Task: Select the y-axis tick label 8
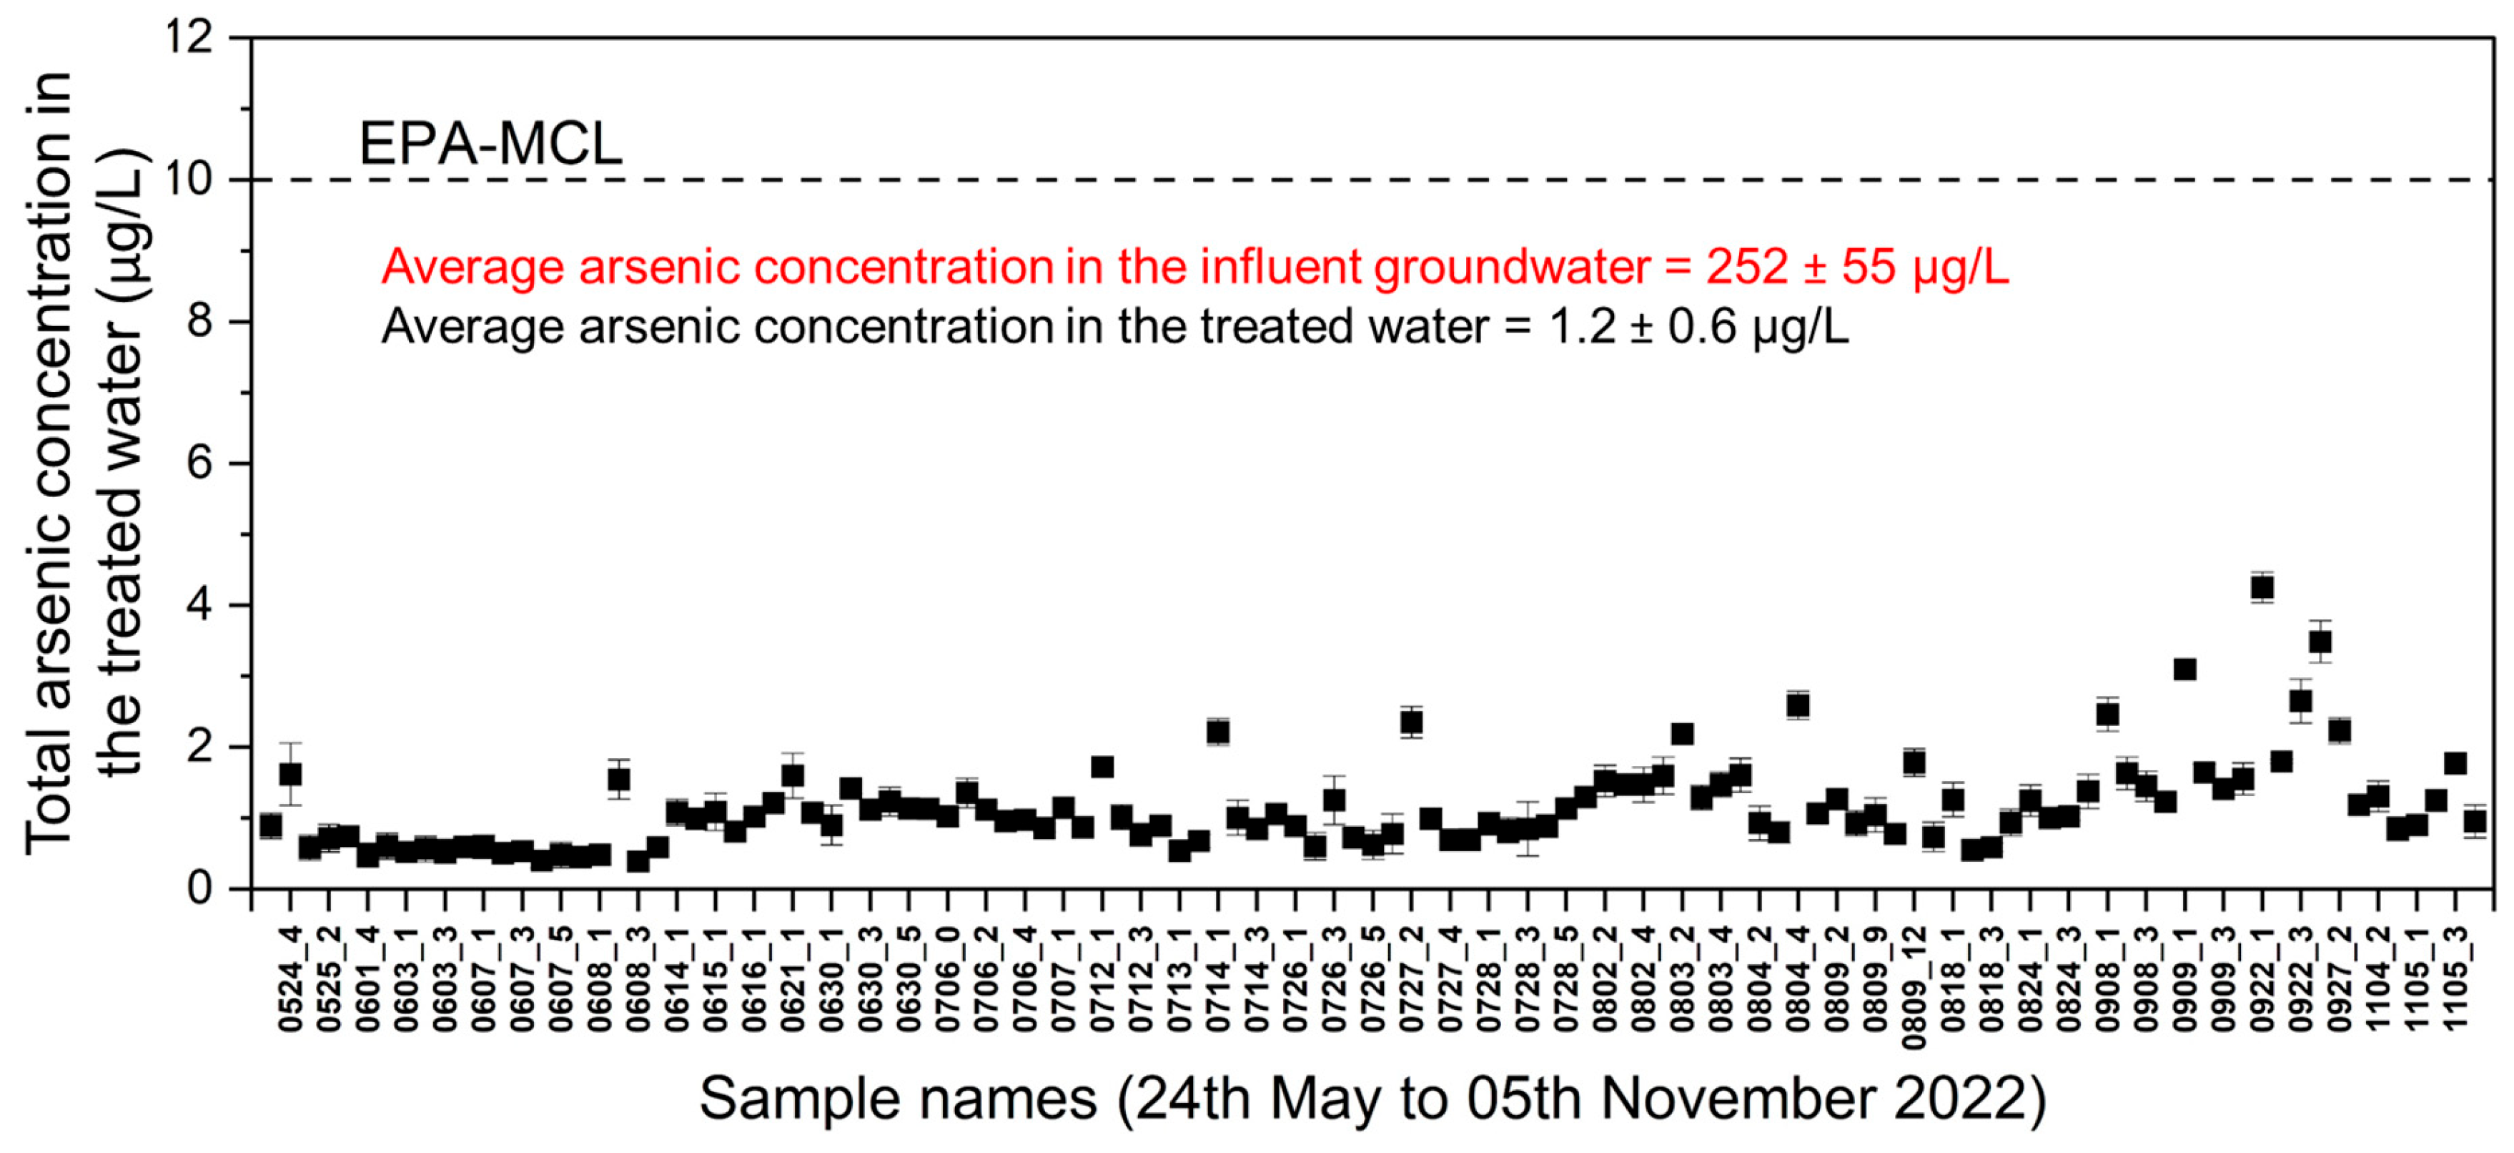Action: click(199, 321)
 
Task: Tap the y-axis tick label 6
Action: click(199, 463)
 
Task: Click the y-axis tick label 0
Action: click(199, 888)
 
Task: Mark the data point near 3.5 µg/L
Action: click(2320, 642)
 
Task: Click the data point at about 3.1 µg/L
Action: click(2185, 669)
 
